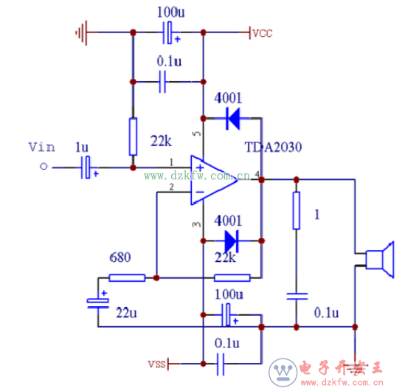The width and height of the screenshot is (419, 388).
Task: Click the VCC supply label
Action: [x=262, y=33]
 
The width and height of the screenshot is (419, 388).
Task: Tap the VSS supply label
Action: [x=156, y=364]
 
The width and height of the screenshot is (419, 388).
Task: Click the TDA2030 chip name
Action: [x=274, y=148]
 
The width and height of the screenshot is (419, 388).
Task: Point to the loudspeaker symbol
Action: [x=381, y=260]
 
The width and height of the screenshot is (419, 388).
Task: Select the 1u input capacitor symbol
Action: [x=87, y=167]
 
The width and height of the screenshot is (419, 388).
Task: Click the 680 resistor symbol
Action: [x=127, y=278]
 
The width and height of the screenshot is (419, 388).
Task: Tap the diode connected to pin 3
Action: [x=231, y=240]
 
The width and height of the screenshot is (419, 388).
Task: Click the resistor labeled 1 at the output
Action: [x=297, y=210]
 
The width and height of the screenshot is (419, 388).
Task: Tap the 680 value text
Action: [x=120, y=259]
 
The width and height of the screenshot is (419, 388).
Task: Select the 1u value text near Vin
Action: [x=82, y=147]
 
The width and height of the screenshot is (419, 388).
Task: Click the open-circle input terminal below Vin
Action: [x=44, y=167]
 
